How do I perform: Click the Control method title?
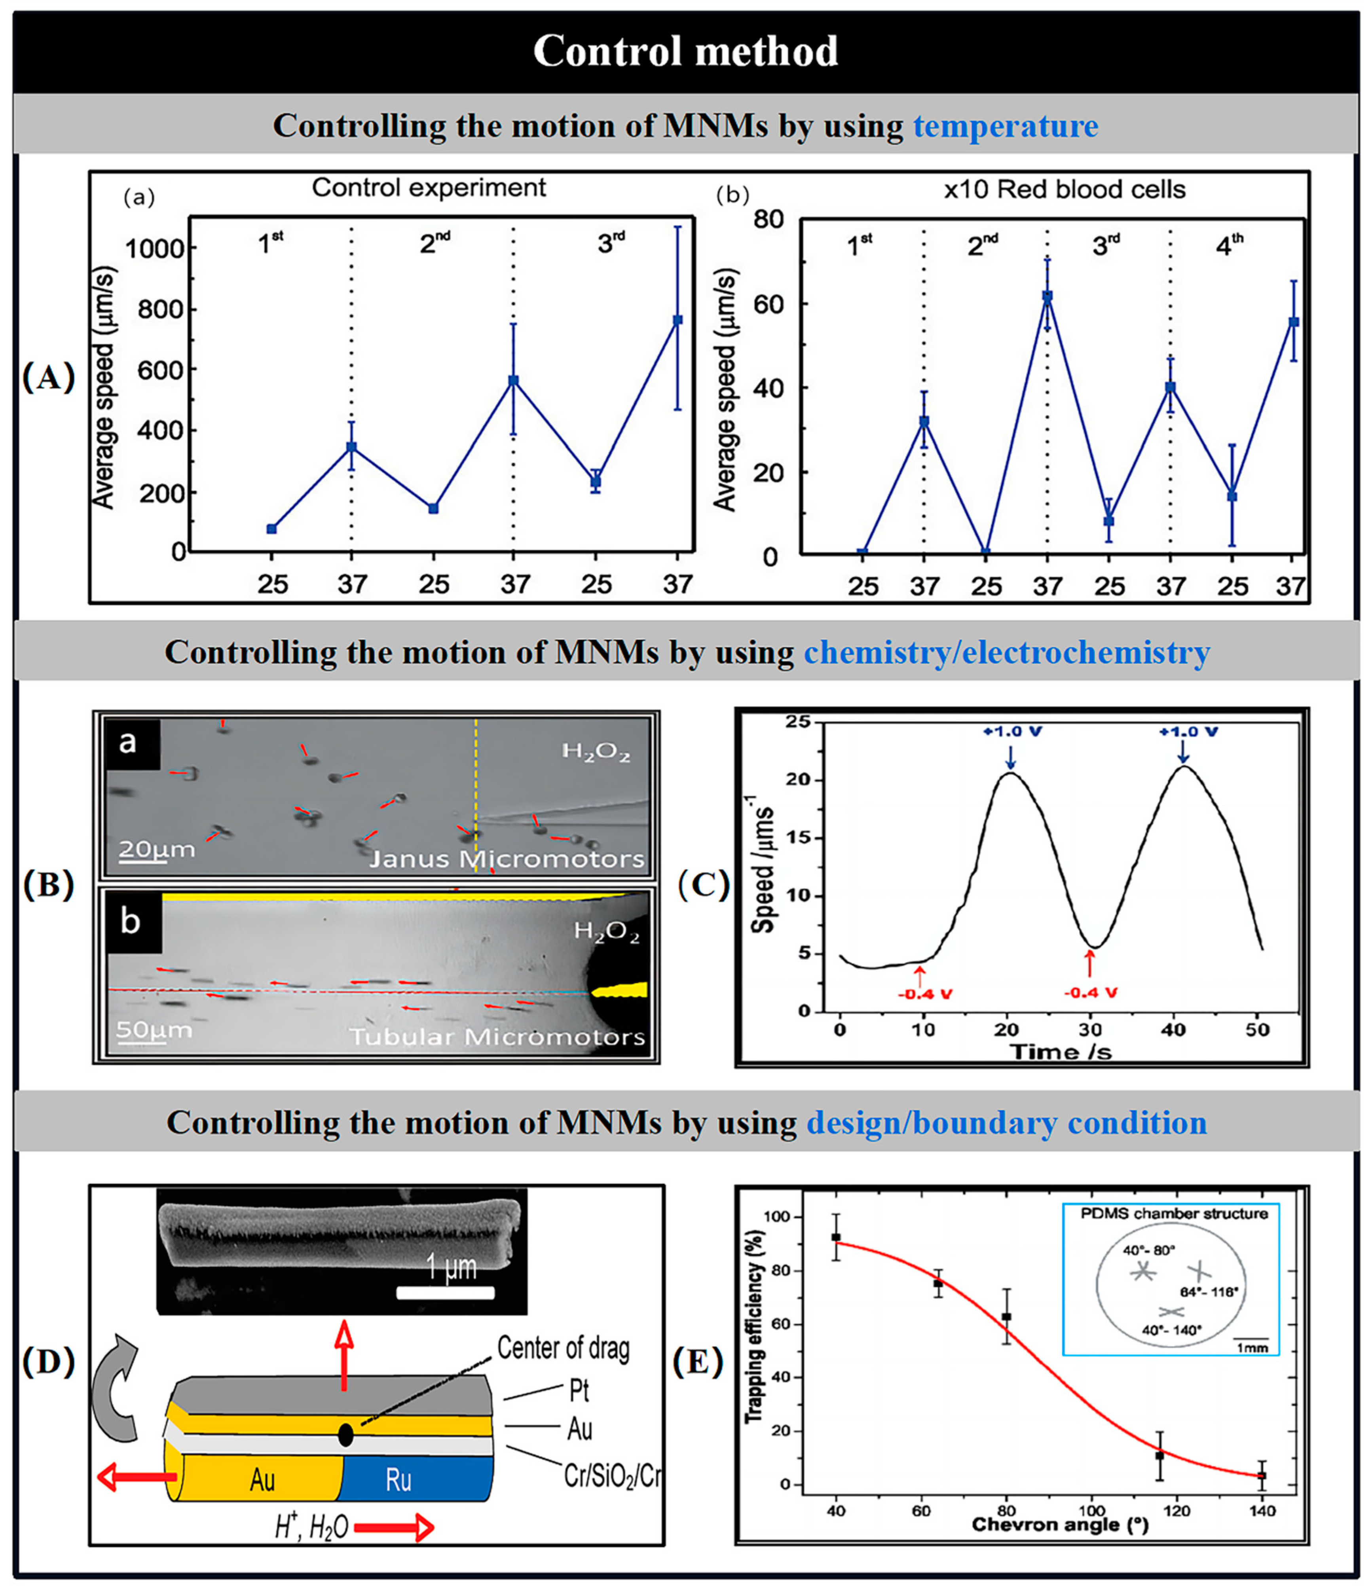pos(685,51)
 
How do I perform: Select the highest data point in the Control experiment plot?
pos(677,320)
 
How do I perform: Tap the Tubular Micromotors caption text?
pos(497,1037)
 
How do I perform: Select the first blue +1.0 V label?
pos(1012,731)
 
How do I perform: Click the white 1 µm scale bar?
pos(445,1292)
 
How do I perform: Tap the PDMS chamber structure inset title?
pos(1173,1213)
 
